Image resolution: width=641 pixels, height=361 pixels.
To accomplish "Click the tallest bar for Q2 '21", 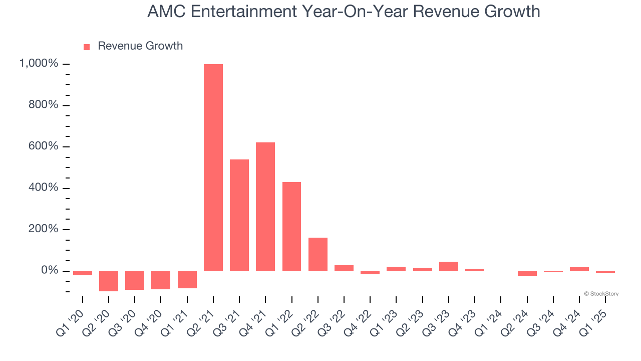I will [213, 167].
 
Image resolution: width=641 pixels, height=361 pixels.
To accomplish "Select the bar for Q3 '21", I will [239, 215].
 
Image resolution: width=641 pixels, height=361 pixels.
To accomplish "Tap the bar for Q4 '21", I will [265, 207].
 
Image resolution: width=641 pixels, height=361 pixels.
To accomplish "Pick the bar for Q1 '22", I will [291, 227].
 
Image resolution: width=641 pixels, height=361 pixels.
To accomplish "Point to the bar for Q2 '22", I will [318, 254].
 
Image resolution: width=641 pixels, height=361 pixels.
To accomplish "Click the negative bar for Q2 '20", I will [109, 281].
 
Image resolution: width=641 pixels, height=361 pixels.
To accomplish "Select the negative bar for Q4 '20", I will [161, 280].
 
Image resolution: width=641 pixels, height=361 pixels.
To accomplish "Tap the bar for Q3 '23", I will [449, 266].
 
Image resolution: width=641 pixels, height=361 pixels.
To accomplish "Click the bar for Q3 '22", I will [344, 268].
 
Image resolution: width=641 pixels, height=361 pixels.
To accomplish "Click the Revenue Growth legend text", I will [140, 46].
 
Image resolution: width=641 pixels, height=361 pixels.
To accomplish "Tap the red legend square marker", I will [87, 47].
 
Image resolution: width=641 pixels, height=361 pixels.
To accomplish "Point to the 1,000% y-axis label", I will [39, 64].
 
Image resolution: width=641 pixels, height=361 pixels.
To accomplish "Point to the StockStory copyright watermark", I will [601, 294].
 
